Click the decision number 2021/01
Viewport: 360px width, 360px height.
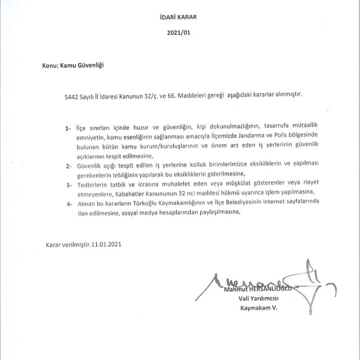pos(179,33)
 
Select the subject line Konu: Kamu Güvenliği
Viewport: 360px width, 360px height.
pos(72,65)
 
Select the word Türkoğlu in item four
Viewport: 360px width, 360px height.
pos(146,203)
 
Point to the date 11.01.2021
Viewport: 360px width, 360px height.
pos(108,244)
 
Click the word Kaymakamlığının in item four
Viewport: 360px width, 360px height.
pos(187,203)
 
